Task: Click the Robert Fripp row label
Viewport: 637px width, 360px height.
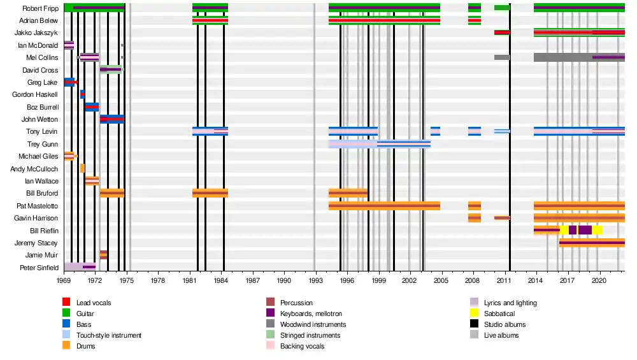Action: click(x=40, y=8)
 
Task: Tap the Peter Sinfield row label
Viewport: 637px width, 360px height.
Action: click(x=39, y=267)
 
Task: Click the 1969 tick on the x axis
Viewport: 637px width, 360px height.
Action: click(x=64, y=280)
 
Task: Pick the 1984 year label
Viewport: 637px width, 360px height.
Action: click(x=222, y=280)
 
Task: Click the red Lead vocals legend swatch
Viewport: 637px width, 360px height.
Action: click(x=66, y=303)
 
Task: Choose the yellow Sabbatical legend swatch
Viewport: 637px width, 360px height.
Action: click(x=474, y=313)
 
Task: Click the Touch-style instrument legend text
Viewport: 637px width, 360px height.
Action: click(x=109, y=335)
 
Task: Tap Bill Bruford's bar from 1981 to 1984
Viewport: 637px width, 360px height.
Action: click(x=210, y=193)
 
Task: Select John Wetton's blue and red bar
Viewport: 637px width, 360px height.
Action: click(x=112, y=119)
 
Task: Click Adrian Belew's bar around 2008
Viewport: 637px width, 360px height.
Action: click(x=475, y=20)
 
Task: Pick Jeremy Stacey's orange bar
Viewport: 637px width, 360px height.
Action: click(x=592, y=243)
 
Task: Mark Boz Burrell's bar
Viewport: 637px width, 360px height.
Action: click(x=92, y=107)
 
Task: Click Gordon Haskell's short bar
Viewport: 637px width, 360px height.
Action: click(x=82, y=94)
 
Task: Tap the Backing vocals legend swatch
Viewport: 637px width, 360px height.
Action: click(x=270, y=346)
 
